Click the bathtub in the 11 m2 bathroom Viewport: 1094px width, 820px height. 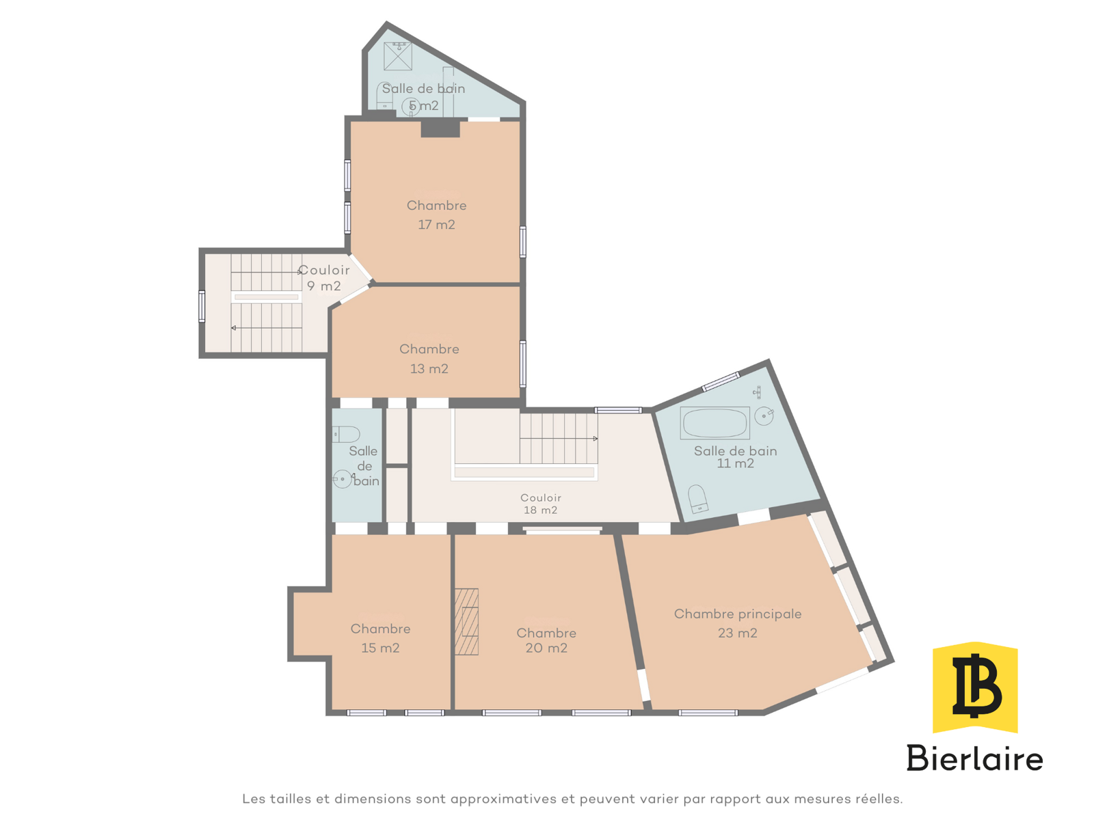click(715, 423)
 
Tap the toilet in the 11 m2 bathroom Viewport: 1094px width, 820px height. click(697, 499)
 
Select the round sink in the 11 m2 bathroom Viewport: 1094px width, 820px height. click(764, 415)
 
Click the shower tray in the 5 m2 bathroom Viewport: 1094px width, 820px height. click(398, 56)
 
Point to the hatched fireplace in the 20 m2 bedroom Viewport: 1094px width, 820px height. click(466, 621)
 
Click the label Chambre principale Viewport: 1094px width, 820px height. click(738, 614)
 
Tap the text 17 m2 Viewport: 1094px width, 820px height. click(436, 225)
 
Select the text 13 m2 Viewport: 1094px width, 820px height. click(429, 368)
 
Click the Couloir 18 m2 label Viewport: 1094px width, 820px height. click(540, 504)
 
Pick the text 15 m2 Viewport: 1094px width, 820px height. click(379, 648)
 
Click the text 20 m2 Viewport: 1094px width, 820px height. click(546, 648)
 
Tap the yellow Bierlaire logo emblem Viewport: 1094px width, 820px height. click(975, 687)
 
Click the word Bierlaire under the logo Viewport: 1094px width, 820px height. click(974, 758)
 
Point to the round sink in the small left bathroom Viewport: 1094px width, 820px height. click(342, 479)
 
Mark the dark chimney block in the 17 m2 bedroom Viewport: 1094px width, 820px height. click(440, 128)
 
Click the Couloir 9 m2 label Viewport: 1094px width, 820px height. click(324, 278)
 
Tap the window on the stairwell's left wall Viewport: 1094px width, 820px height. click(202, 306)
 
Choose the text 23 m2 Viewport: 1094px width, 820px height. click(737, 633)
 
